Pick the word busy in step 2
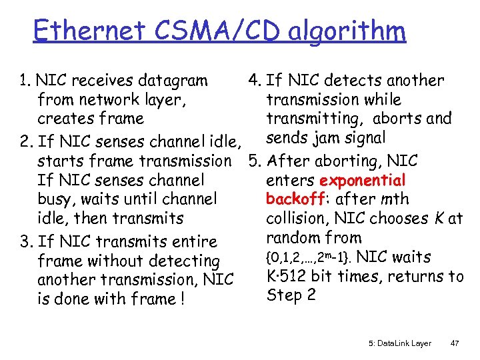point(54,199)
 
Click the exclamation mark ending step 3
point(181,299)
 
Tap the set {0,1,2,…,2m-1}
point(314,257)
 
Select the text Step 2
point(291,295)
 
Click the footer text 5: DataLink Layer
point(399,343)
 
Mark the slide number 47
point(455,343)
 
